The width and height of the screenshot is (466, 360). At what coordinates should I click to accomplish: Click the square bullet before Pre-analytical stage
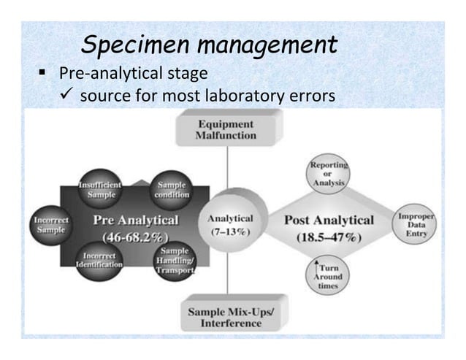point(43,73)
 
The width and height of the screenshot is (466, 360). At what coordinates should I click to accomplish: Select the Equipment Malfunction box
point(226,129)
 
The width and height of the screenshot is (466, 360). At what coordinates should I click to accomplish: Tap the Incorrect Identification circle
point(102,258)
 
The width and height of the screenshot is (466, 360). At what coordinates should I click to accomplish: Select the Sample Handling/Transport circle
point(174,259)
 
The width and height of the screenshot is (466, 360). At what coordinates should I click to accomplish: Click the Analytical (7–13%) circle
point(231,223)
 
